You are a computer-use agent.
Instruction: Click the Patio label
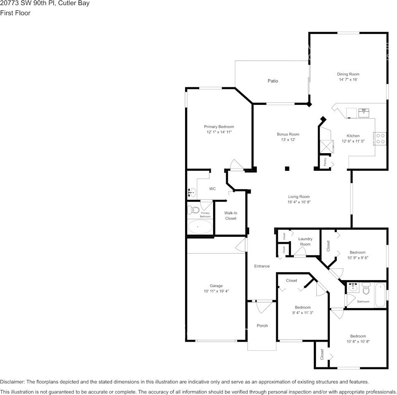272,81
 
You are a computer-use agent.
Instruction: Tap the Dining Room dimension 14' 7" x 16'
349,79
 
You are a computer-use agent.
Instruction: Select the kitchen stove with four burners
381,138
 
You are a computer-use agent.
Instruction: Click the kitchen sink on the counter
363,111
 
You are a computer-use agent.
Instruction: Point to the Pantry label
325,162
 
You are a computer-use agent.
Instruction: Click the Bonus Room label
288,134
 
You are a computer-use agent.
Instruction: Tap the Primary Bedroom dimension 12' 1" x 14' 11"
219,132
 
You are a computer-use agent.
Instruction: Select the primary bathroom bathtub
200,227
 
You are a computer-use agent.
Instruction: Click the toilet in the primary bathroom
192,210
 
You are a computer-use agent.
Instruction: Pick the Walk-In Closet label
230,215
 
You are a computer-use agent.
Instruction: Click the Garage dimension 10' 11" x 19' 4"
216,291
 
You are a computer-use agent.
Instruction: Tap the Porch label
262,326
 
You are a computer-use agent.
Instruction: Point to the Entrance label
262,266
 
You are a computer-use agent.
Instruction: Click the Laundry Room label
305,241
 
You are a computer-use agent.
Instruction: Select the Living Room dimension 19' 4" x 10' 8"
298,202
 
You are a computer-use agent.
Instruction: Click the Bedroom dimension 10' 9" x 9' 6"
357,258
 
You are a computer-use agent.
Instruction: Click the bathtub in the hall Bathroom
380,295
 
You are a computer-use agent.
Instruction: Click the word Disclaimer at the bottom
13,382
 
